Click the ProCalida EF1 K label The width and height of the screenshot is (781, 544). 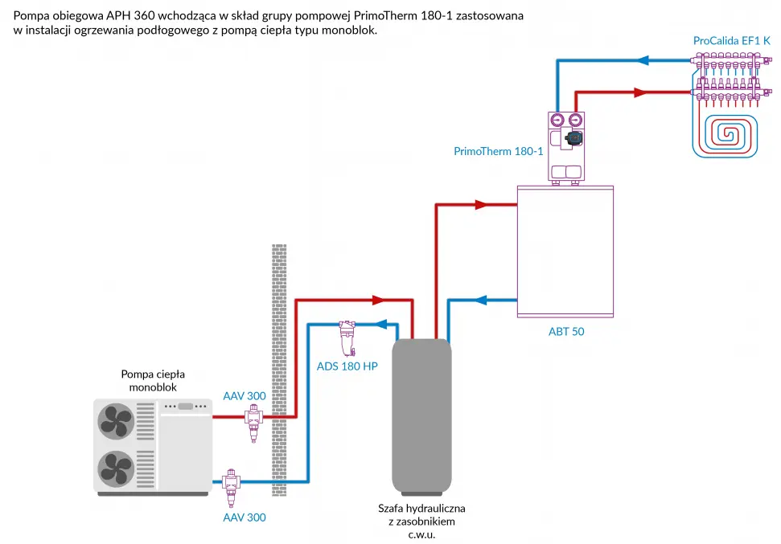(732, 41)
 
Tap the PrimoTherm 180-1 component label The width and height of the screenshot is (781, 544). (498, 151)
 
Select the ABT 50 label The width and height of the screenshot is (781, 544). (566, 332)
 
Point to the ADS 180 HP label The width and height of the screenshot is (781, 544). (347, 366)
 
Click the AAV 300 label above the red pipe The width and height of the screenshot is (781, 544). (244, 396)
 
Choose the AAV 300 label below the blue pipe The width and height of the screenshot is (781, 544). (244, 517)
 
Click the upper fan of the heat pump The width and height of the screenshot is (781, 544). (116, 421)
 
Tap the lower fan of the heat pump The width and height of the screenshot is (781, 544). (116, 468)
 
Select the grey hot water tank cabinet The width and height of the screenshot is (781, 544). (422, 417)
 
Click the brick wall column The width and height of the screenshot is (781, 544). (279, 370)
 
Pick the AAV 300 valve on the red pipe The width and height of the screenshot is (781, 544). (253, 423)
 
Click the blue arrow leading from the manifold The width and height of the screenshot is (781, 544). (643, 61)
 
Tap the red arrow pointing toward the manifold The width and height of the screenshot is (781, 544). (640, 92)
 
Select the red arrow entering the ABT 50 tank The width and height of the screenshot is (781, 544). (481, 205)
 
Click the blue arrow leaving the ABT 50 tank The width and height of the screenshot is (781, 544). (480, 300)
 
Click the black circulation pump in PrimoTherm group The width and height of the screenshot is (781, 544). (573, 137)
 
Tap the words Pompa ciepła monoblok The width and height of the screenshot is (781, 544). (153, 381)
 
